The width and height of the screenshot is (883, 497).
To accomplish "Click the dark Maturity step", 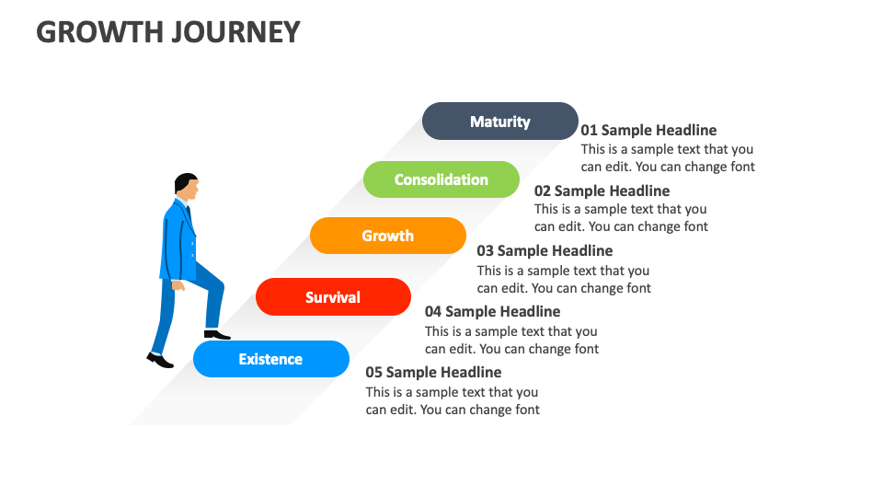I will (499, 121).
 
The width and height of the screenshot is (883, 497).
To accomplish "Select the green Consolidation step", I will (441, 179).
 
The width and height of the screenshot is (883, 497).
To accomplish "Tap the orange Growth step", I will (387, 236).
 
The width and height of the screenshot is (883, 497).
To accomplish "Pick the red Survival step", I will (333, 297).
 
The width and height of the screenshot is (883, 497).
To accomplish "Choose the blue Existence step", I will (270, 359).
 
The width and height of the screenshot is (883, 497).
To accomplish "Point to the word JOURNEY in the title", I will (235, 32).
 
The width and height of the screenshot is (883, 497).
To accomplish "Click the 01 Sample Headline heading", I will (648, 131).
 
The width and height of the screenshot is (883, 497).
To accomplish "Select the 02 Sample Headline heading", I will (602, 191).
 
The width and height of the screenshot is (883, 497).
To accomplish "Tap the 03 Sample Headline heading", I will (545, 250).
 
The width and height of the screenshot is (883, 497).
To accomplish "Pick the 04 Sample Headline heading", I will (492, 311).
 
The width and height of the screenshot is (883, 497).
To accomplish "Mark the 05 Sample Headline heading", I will (433, 372).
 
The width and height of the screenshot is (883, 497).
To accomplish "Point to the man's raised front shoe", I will (217, 335).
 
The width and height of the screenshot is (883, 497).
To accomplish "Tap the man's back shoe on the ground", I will (160, 361).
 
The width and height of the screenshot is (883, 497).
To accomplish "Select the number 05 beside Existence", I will (373, 372).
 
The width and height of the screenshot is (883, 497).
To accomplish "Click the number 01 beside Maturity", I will (589, 131).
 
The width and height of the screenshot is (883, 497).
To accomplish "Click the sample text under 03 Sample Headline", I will (563, 279).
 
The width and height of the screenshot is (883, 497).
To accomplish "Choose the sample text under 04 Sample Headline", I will (511, 340).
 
